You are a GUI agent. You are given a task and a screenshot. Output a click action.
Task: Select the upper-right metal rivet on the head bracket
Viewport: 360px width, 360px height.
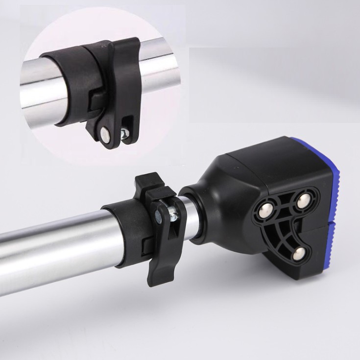coord(303,199)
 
